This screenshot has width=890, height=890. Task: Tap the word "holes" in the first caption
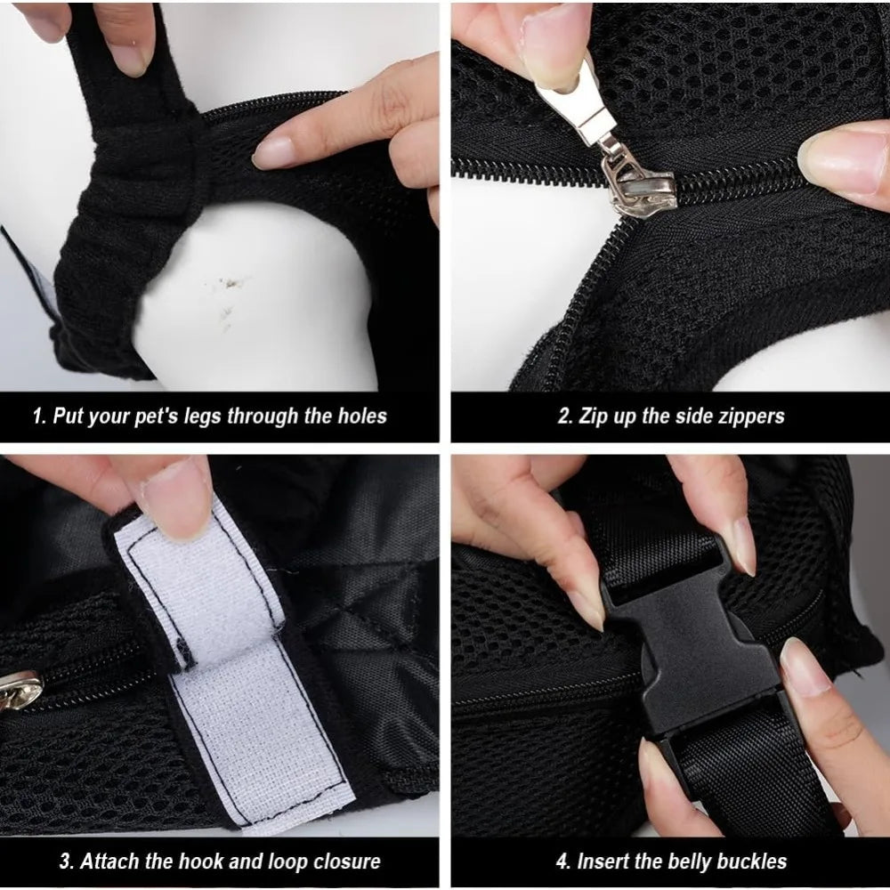(362, 416)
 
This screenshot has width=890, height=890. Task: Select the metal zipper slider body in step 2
(638, 182)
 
